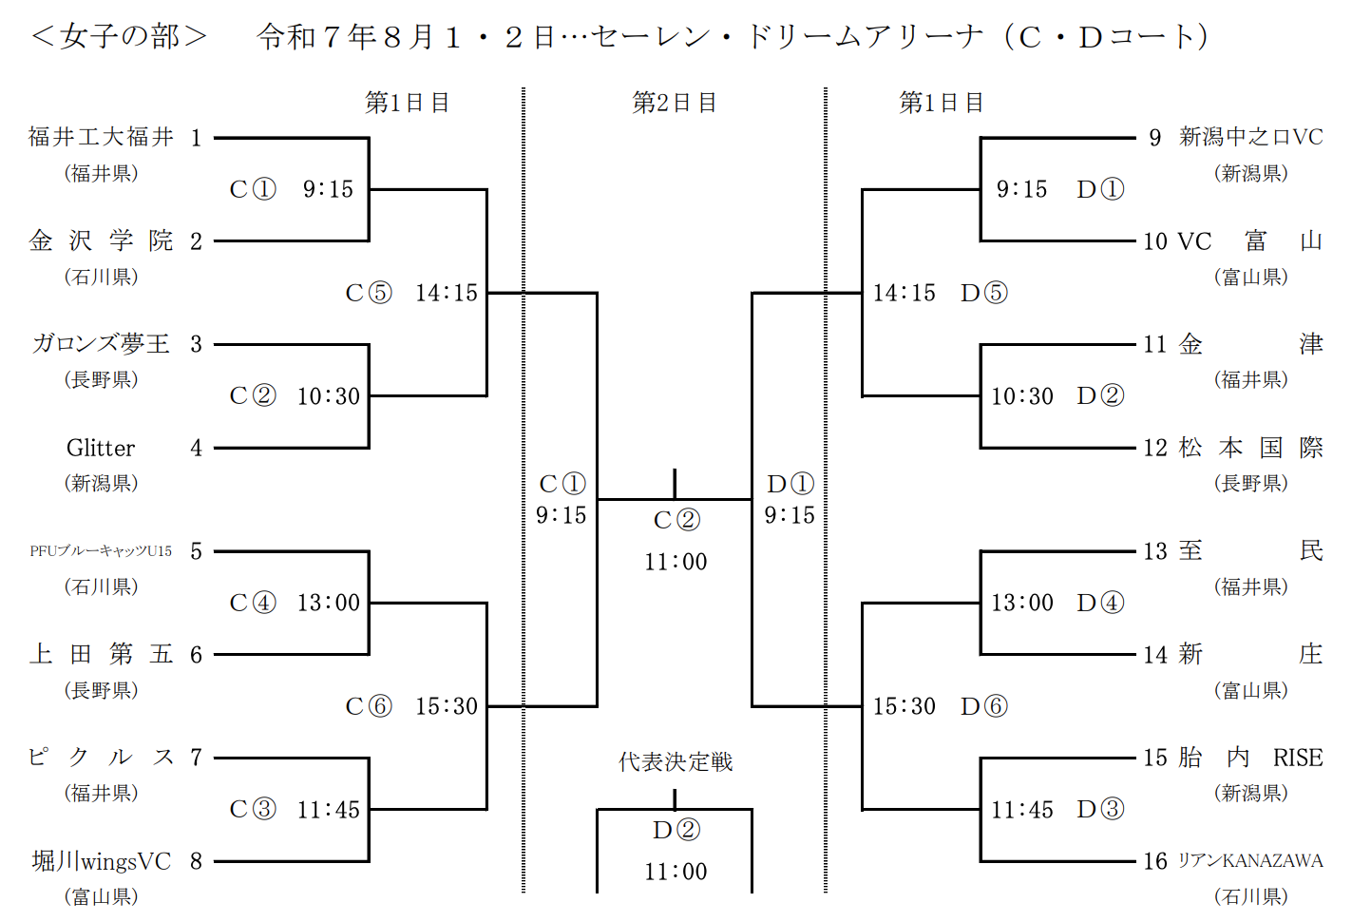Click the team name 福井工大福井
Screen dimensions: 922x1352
click(x=101, y=137)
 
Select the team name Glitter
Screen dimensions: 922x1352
click(x=101, y=448)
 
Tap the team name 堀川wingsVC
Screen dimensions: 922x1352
click(x=101, y=861)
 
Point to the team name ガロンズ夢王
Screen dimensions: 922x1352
click(x=101, y=344)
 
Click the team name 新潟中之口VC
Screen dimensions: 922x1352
click(x=1250, y=137)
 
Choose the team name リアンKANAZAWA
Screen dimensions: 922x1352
click(x=1250, y=860)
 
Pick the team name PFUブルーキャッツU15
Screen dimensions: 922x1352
click(x=101, y=551)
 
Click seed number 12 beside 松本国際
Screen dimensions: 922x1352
click(x=1154, y=448)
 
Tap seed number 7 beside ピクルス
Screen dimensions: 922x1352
click(x=196, y=758)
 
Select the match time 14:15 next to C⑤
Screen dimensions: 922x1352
click(x=446, y=293)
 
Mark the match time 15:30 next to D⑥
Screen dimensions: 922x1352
click(x=904, y=706)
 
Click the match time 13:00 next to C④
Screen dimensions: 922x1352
click(x=328, y=603)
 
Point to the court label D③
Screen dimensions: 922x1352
click(x=1100, y=809)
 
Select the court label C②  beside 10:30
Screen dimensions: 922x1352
click(x=253, y=395)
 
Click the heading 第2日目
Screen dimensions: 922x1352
click(x=675, y=103)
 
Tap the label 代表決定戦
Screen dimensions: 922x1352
click(x=675, y=762)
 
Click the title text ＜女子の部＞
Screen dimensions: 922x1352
click(x=119, y=37)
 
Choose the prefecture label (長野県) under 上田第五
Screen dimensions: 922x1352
click(x=101, y=690)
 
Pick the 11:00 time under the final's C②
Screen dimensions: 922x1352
click(x=676, y=562)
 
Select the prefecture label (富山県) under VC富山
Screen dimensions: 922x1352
click(x=1250, y=277)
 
